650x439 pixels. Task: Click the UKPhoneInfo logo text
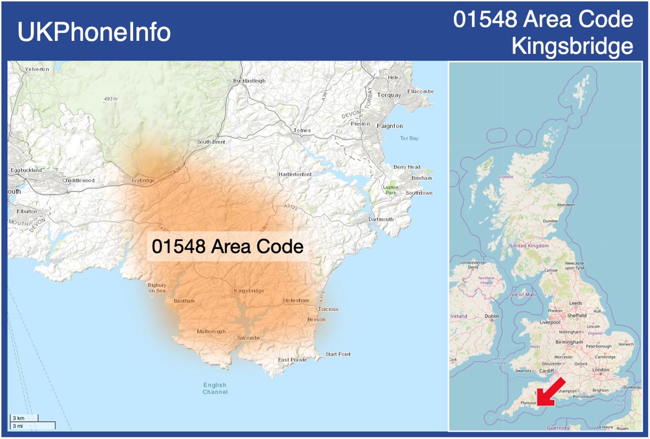click(94, 32)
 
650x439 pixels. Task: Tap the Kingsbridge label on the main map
click(249, 291)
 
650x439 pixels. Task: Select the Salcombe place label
click(248, 338)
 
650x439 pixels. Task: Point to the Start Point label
click(338, 354)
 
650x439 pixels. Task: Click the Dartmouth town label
click(380, 219)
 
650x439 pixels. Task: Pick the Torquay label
click(389, 95)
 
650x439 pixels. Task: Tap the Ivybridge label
click(143, 181)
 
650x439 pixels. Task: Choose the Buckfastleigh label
click(249, 81)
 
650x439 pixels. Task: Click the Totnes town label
click(302, 130)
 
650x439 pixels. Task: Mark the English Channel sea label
click(215, 388)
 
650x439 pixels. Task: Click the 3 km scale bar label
click(19, 419)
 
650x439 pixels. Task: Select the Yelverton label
click(36, 69)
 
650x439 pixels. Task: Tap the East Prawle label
click(292, 360)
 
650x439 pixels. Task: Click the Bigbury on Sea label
click(157, 288)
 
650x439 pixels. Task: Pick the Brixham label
click(422, 178)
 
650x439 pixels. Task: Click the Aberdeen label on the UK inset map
click(565, 205)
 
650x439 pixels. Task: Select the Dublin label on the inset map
click(492, 316)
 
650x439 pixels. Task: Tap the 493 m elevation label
click(111, 99)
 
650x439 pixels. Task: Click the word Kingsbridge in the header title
click(573, 46)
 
